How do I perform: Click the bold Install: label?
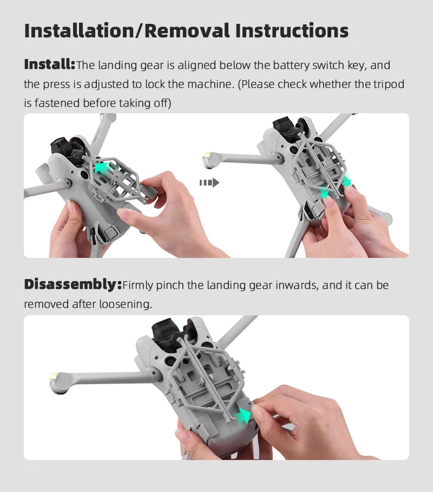(x=49, y=65)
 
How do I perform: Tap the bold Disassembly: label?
(x=73, y=285)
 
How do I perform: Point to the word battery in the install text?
(x=291, y=66)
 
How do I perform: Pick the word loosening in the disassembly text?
(x=126, y=304)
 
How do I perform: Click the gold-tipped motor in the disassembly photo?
(x=58, y=381)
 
